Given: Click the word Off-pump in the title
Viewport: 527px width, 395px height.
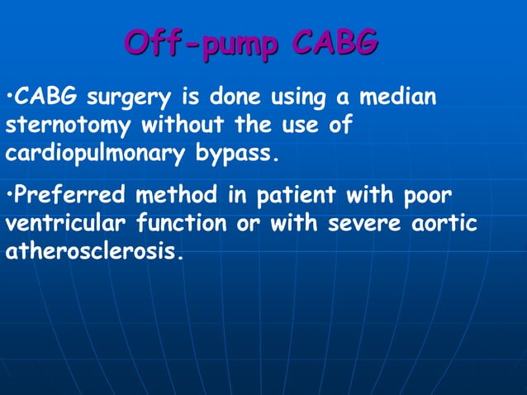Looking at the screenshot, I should coord(202,43).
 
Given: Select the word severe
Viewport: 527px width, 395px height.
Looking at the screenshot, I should coord(362,225).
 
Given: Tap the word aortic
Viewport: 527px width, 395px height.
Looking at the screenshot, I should coord(445,225).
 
